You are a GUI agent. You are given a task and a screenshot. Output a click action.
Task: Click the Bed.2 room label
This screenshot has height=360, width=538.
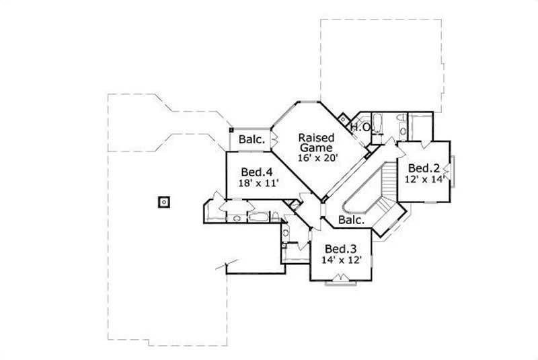point(424,168)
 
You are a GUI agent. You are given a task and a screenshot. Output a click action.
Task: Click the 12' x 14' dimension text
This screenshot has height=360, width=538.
point(424,179)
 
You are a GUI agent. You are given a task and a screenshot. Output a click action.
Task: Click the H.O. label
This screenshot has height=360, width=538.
point(360,127)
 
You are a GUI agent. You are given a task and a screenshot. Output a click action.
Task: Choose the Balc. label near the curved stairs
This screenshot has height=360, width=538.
point(351,220)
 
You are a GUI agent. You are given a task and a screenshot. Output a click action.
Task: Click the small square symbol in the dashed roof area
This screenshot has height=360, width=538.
point(163,201)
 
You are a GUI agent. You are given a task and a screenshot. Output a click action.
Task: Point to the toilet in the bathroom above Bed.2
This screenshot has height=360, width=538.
point(401,122)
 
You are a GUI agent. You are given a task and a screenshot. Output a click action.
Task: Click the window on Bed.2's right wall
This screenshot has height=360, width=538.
point(454,171)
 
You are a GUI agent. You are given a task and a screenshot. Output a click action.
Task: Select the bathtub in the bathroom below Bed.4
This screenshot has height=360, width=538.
point(258,217)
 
